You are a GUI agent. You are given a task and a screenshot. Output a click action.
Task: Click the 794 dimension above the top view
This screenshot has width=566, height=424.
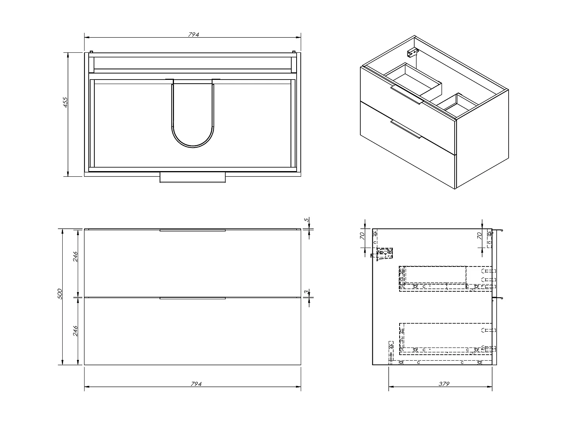point(193,35)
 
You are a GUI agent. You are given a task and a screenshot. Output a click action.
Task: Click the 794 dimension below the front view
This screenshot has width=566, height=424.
point(196,384)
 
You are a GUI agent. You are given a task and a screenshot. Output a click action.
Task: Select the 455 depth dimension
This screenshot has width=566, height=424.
point(65,103)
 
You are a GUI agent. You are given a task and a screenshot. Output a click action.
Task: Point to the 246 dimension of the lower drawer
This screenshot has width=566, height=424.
point(75,331)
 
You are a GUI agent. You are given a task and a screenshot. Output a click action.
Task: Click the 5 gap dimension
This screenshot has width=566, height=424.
point(306,219)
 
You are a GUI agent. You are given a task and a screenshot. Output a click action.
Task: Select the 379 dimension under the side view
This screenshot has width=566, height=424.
point(444,384)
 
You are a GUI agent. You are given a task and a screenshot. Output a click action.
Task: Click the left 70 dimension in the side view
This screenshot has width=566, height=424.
point(362,236)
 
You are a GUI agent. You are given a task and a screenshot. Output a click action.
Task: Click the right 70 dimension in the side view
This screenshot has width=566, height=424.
point(479,236)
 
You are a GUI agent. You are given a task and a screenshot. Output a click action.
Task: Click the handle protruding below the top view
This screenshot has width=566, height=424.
point(192,178)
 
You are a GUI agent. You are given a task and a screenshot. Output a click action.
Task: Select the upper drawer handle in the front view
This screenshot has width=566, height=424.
point(192,230)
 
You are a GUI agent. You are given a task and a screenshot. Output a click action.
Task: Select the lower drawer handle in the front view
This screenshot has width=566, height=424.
point(192,298)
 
